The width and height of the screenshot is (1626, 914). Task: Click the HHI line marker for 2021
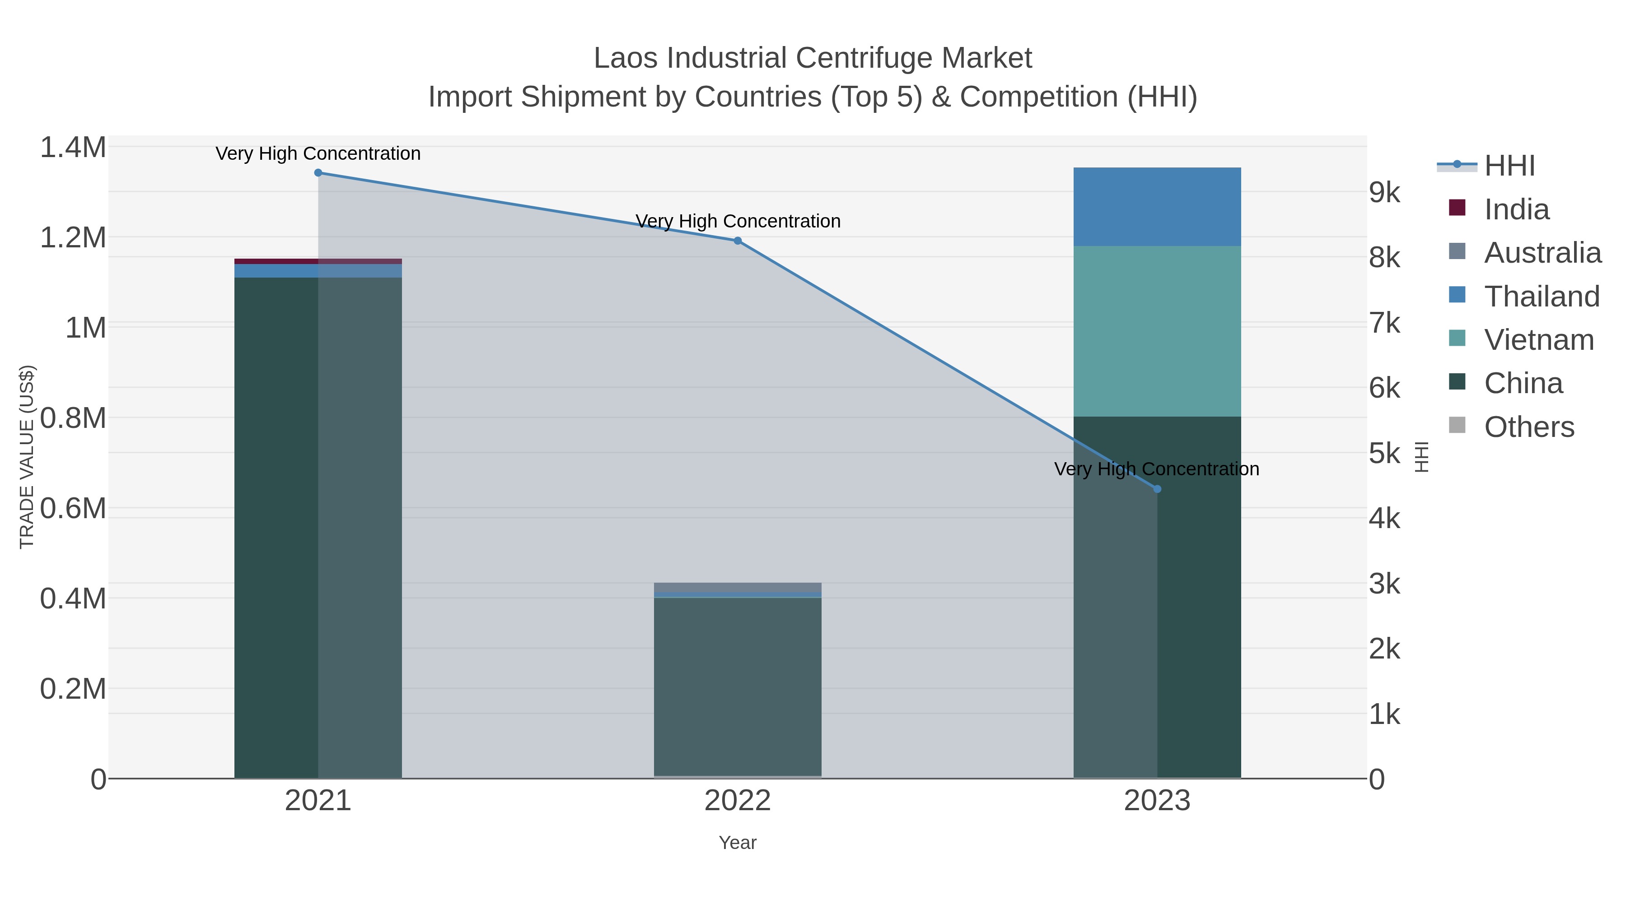pyautogui.click(x=318, y=173)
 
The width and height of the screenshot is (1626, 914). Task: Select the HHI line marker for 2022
pyautogui.click(x=737, y=241)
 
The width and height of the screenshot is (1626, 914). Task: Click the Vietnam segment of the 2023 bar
pyautogui.click(x=1157, y=331)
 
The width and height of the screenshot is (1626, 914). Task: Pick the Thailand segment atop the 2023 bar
pyautogui.click(x=1157, y=207)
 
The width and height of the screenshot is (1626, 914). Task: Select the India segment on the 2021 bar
pyautogui.click(x=318, y=261)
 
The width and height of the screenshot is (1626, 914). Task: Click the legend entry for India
pyautogui.click(x=1516, y=209)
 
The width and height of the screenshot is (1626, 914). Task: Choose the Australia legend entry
pyautogui.click(x=1542, y=253)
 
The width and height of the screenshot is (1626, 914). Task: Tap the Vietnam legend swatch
pyautogui.click(x=1457, y=338)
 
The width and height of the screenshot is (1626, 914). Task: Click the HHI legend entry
pyautogui.click(x=1509, y=166)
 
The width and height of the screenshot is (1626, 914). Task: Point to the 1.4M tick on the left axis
pyautogui.click(x=73, y=148)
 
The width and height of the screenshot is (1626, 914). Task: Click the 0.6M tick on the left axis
pyautogui.click(x=73, y=508)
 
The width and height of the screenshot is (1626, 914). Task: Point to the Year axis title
pyautogui.click(x=737, y=843)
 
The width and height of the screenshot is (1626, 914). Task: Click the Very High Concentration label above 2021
pyautogui.click(x=318, y=154)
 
